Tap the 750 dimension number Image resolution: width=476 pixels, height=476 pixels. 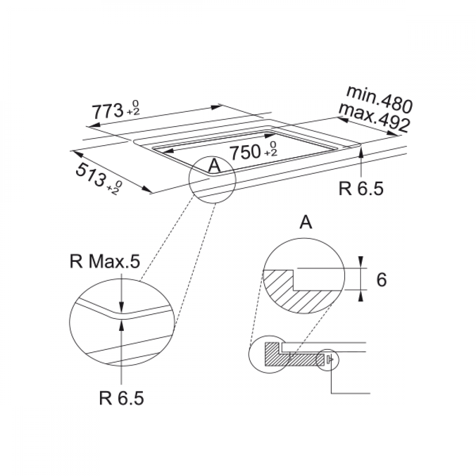(x=245, y=152)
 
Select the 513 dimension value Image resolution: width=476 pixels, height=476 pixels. (x=90, y=175)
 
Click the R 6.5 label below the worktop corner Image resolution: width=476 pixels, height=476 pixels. (x=361, y=188)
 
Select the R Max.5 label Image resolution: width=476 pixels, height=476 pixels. (x=105, y=261)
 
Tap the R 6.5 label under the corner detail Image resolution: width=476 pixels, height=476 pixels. (x=121, y=398)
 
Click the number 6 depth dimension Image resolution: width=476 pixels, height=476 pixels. (x=382, y=279)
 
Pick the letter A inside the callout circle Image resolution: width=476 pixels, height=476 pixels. (x=215, y=166)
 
